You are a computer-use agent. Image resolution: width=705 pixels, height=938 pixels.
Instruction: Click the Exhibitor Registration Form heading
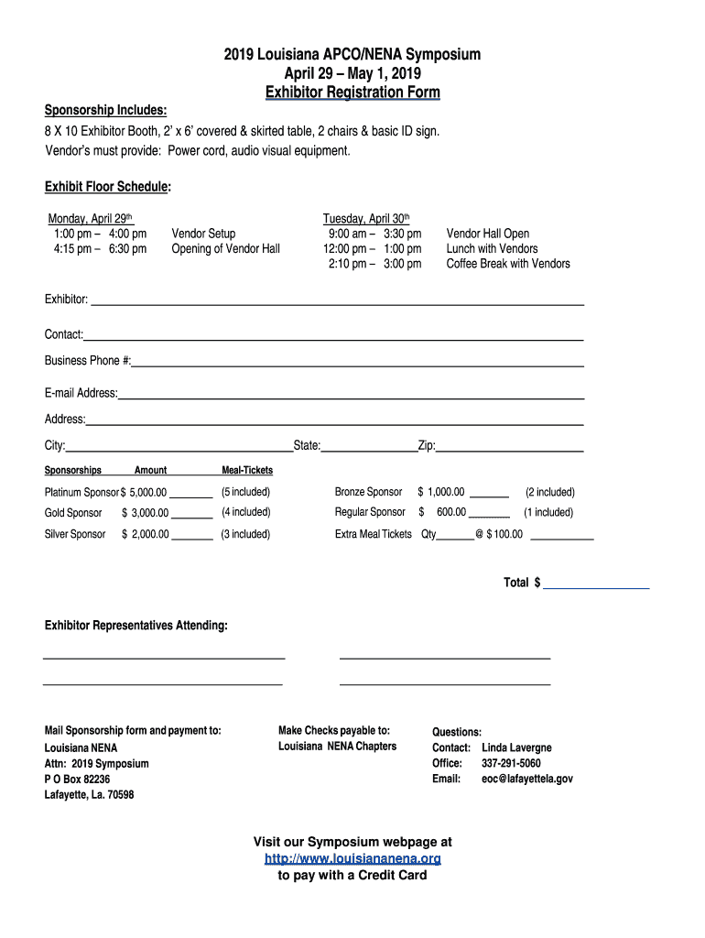coord(352,93)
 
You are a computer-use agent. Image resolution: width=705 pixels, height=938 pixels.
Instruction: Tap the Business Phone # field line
coord(357,364)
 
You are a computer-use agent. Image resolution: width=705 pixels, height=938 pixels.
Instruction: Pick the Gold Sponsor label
coord(73,513)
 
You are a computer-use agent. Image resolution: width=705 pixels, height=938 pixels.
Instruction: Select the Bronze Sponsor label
coord(368,492)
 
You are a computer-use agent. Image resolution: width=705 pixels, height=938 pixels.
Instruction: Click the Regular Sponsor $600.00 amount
coord(446,512)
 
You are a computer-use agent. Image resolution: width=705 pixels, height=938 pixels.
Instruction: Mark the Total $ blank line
coord(596,584)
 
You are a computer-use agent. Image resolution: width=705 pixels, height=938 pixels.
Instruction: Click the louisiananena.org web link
coord(352,858)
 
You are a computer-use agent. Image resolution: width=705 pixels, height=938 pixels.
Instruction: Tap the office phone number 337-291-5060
coord(511,763)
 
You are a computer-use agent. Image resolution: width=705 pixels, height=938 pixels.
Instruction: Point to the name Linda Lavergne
coord(516,747)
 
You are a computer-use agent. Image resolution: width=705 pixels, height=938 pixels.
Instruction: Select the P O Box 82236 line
coord(77,779)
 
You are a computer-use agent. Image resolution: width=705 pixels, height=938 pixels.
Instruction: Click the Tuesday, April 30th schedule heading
coord(365,219)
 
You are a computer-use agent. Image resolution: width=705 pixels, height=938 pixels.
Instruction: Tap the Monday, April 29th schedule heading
coord(91,219)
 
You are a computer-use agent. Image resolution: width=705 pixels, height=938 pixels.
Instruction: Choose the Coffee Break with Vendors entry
coord(508,264)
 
